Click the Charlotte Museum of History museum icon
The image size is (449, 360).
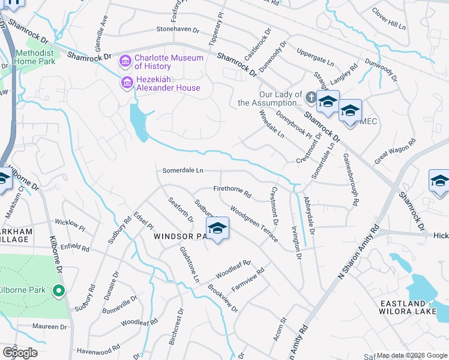pos(125,61)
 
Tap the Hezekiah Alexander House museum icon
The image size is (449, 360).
pos(127,82)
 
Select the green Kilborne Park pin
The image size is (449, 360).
pos(59,292)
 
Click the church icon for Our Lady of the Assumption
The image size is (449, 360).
pos(311,97)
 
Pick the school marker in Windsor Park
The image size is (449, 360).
pos(217,229)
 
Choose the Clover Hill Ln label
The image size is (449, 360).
pos(388,19)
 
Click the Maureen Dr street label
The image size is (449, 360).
pos(50,327)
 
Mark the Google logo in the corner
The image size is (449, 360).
pos(20,352)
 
